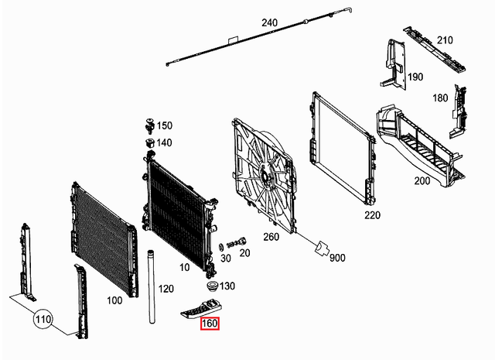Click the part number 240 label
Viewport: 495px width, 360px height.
(x=268, y=23)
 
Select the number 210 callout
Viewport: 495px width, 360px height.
(x=445, y=40)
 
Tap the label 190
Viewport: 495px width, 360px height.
(x=415, y=77)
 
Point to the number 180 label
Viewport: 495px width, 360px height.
(x=440, y=98)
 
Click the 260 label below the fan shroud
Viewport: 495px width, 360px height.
(x=271, y=236)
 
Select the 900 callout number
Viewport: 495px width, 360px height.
(x=337, y=258)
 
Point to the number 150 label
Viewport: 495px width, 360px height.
(x=165, y=125)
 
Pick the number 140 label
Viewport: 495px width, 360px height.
(x=165, y=142)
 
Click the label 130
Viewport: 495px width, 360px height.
(x=226, y=286)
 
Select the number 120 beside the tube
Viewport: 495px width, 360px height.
(x=166, y=288)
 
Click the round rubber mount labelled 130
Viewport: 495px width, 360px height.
(x=207, y=285)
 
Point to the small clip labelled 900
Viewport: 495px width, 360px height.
(x=319, y=249)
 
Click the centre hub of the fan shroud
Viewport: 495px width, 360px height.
(x=266, y=177)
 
